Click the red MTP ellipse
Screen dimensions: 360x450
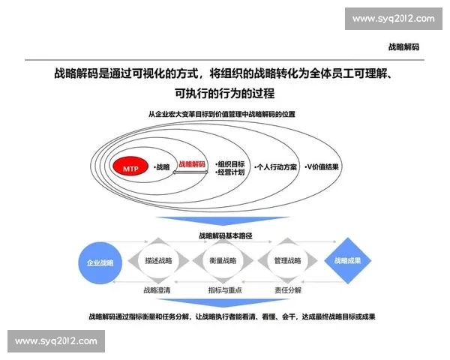(x=128, y=167)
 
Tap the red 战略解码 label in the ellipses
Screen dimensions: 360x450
(x=191, y=163)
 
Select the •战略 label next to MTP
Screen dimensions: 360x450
(x=161, y=166)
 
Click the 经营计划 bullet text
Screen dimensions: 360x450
(x=230, y=172)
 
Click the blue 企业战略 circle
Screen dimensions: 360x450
(x=100, y=262)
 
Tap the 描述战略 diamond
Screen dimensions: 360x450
(x=159, y=261)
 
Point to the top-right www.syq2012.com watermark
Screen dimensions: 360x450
(x=392, y=19)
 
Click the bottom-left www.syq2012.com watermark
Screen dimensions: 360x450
(x=57, y=342)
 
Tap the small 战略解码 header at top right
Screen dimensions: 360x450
(x=403, y=46)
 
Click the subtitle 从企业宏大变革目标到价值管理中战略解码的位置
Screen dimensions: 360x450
(x=222, y=114)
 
